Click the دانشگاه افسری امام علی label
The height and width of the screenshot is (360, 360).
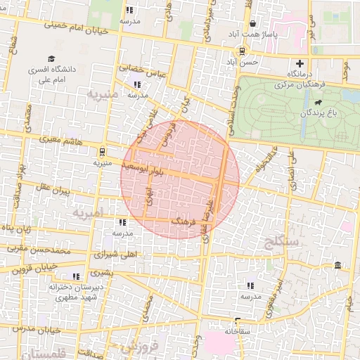47,75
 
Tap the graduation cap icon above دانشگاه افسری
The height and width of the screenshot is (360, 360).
51,58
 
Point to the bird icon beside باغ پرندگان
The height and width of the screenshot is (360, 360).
319,103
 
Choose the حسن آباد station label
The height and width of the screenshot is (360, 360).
242,62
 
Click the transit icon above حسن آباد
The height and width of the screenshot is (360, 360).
242,51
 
